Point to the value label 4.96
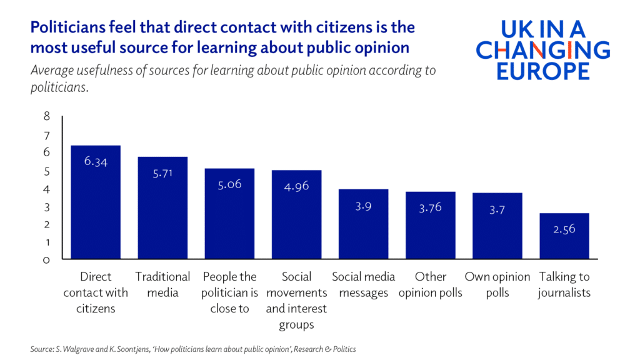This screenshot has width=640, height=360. [x=296, y=186]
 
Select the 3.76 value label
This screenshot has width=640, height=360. [x=430, y=207]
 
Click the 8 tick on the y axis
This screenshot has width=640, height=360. [x=46, y=116]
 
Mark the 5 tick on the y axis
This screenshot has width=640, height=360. [x=46, y=171]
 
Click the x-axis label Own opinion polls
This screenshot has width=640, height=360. [x=497, y=284]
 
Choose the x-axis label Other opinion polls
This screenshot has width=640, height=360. [x=431, y=284]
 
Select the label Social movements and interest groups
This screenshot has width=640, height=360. [x=296, y=301]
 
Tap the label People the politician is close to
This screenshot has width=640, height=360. [x=229, y=292]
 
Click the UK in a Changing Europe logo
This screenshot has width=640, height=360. [x=542, y=50]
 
